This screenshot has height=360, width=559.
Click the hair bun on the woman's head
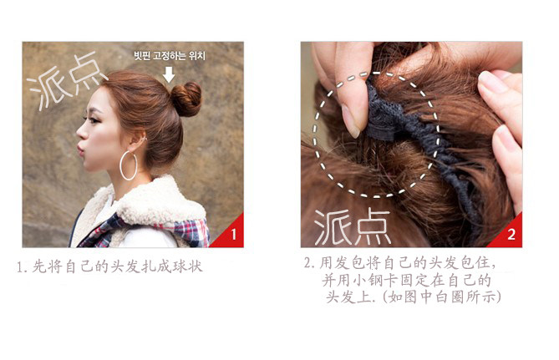(x=186, y=99)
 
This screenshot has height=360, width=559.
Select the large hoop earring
(x=129, y=165)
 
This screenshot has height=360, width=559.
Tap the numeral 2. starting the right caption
(x=309, y=263)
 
